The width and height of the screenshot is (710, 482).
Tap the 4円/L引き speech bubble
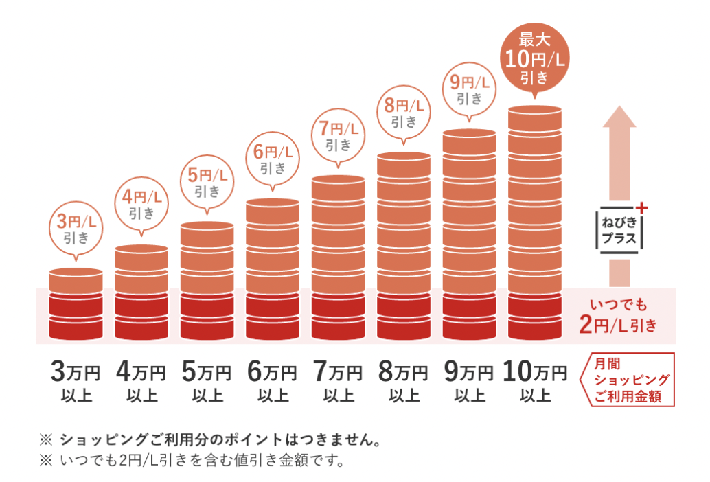point(141,204)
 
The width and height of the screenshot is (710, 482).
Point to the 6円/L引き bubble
point(273,159)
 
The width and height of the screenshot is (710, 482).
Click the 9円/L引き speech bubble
point(470,90)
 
